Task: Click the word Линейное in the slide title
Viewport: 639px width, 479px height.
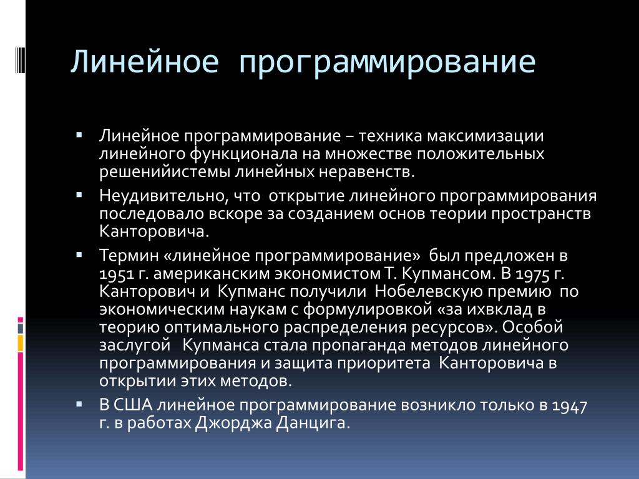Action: [145, 61]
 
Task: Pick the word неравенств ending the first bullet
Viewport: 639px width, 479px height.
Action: [366, 172]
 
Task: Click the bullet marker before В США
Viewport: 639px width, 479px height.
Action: [79, 404]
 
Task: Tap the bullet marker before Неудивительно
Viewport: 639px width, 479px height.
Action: [79, 195]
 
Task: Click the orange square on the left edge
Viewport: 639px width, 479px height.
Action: [21, 343]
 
